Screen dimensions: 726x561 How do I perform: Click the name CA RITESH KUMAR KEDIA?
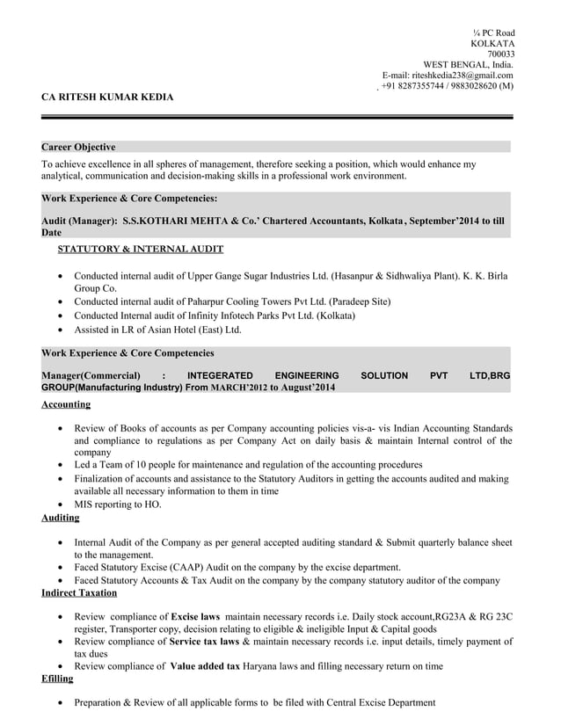[107, 97]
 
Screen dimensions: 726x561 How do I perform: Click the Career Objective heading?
[78, 147]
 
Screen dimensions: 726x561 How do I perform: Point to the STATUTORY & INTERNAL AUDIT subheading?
[140, 250]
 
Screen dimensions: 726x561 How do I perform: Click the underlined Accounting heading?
[66, 404]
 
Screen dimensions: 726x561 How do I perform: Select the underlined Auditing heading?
[60, 519]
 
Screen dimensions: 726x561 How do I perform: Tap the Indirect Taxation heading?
[79, 593]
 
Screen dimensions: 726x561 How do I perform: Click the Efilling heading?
[57, 679]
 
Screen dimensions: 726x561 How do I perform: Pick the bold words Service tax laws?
[204, 642]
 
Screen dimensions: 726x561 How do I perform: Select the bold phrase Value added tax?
[205, 666]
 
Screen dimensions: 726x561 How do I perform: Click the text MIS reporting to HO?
[118, 505]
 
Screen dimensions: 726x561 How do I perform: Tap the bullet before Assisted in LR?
[59, 330]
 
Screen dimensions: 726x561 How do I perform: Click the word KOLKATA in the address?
[492, 43]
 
